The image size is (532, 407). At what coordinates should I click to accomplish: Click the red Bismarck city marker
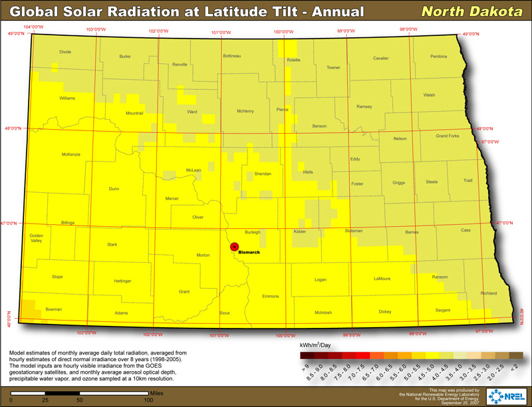click(234, 247)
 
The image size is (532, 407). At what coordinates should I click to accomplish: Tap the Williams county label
click(67, 98)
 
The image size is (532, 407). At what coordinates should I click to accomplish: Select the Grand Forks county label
click(447, 136)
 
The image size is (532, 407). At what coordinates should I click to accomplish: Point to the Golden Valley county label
click(36, 238)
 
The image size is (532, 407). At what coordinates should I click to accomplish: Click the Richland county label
click(489, 293)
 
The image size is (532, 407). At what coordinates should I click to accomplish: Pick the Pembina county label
click(438, 57)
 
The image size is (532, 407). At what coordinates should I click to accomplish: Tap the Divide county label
click(65, 51)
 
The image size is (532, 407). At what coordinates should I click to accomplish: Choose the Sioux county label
click(224, 312)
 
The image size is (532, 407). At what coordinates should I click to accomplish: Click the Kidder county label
click(300, 231)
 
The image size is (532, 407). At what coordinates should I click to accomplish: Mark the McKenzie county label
click(70, 154)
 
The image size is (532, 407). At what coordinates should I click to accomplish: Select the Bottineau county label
click(231, 55)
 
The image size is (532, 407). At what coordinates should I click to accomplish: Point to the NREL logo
click(508, 396)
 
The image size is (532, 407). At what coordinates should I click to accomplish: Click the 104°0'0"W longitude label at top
click(33, 27)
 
